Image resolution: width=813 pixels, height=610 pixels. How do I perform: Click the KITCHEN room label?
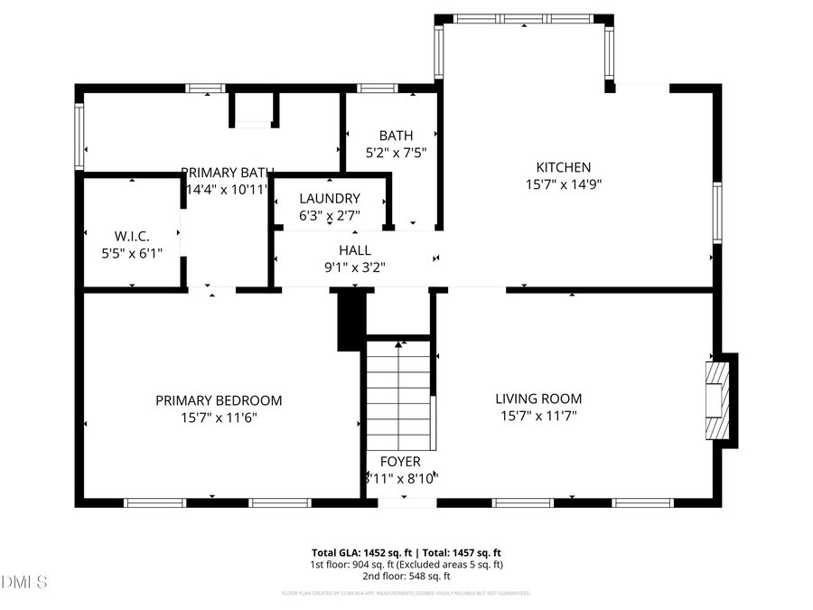[x=564, y=167]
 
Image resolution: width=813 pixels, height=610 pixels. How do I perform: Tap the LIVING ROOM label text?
[x=538, y=399]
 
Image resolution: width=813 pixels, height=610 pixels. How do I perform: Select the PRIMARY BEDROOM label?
[x=219, y=400]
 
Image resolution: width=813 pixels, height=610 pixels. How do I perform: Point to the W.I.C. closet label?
[x=132, y=237]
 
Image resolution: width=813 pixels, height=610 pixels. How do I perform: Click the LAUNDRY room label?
[x=330, y=199]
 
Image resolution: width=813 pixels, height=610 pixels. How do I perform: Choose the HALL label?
[x=355, y=250]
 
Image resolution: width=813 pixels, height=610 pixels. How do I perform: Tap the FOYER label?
[x=400, y=462]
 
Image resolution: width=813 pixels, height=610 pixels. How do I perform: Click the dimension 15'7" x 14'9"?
[x=564, y=183]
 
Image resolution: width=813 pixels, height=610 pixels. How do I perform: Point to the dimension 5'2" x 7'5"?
[x=396, y=153]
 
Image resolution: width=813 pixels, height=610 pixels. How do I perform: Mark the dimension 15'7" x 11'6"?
[x=219, y=417]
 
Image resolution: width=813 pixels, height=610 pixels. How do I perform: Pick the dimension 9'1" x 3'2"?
[x=355, y=267]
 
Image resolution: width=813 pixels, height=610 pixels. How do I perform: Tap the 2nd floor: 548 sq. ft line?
[x=406, y=576]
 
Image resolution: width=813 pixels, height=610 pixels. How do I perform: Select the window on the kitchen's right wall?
[x=717, y=212]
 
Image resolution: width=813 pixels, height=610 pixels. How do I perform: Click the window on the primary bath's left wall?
[x=79, y=136]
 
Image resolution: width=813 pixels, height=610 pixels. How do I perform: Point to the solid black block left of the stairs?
[x=350, y=319]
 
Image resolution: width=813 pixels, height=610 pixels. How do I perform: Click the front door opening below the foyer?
[x=395, y=502]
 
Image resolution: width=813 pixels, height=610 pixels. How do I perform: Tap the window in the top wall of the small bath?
[x=378, y=89]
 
